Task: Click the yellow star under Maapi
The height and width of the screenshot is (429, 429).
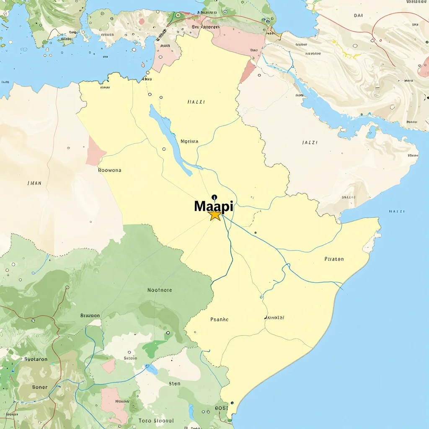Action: point(215,215)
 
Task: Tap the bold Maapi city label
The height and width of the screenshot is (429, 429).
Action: point(214,206)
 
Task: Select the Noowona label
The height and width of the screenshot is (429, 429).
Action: point(109,171)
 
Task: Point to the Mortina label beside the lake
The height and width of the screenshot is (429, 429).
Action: point(189,142)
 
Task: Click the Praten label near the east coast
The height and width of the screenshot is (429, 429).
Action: point(334,259)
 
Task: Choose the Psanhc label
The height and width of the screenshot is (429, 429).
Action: point(219,319)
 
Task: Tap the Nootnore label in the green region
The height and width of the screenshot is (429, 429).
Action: point(160,290)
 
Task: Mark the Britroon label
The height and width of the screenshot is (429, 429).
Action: point(90,315)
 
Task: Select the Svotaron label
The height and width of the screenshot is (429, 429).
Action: point(36,359)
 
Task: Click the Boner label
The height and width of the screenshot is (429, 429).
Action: point(40,387)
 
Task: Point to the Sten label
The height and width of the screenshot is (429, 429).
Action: point(175,383)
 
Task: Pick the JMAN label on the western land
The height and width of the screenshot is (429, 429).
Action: point(34,183)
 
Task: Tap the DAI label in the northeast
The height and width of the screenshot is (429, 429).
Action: point(358,16)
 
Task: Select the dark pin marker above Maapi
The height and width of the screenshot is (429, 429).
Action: point(214,196)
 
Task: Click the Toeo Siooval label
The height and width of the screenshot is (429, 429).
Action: point(156,420)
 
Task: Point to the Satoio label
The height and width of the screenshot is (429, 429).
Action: point(130,358)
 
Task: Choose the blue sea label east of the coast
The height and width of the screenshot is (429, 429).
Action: point(396,211)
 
